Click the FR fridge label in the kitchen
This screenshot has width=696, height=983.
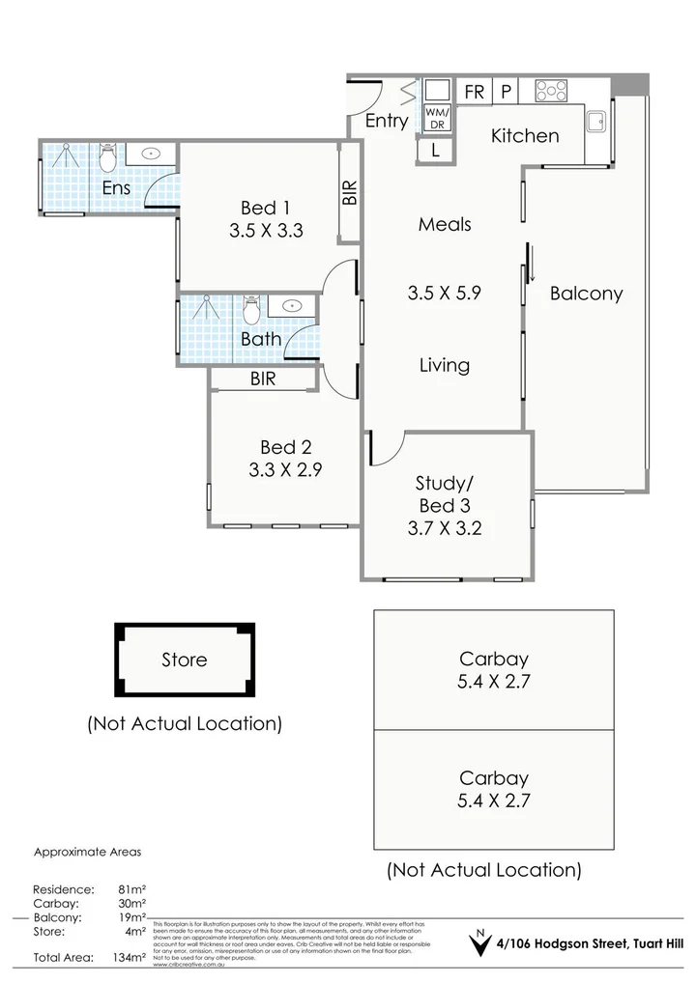(475, 92)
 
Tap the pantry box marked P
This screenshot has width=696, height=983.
(506, 92)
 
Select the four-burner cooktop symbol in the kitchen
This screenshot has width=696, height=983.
(551, 91)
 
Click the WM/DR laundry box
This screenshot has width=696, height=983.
(437, 118)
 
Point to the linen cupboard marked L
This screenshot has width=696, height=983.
(435, 150)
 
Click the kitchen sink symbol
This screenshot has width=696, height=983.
(596, 122)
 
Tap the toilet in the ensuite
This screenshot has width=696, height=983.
(108, 154)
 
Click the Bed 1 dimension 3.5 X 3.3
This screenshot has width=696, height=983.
(267, 231)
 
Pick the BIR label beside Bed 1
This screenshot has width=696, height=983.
(349, 192)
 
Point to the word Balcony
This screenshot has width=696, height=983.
(586, 294)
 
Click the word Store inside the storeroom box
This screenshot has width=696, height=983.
(184, 660)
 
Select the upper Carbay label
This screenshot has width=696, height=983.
(494, 660)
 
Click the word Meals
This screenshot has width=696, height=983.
(445, 224)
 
